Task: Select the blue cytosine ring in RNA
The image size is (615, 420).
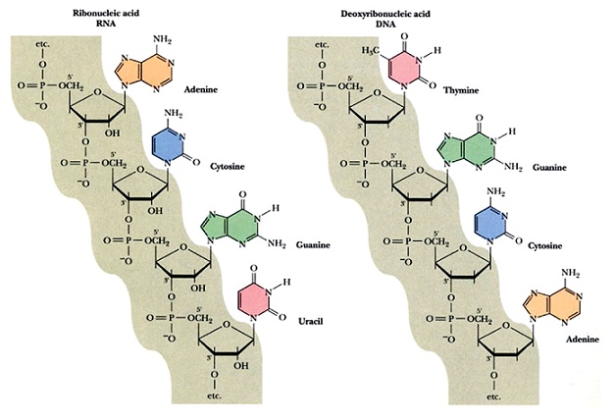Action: click(169, 148)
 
